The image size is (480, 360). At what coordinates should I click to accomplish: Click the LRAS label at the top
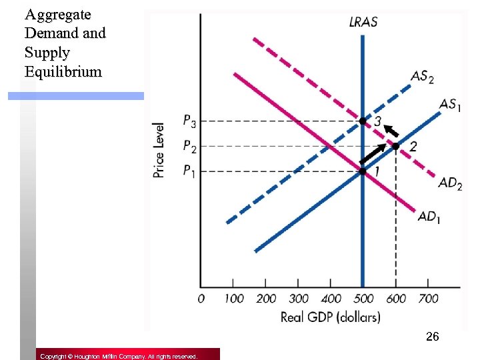[x=363, y=22]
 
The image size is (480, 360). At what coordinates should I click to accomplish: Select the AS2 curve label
[x=422, y=77]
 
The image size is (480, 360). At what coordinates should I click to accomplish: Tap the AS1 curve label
[x=451, y=105]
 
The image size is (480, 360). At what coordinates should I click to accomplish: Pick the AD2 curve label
[x=450, y=183]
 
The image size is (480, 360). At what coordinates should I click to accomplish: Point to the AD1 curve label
[x=429, y=217]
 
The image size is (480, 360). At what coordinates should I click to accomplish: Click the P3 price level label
[x=190, y=121]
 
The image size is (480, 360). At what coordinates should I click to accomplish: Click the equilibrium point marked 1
[x=363, y=171]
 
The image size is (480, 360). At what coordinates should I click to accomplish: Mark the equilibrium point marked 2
[x=396, y=146]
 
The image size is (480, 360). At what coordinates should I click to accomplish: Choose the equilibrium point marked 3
[x=363, y=121]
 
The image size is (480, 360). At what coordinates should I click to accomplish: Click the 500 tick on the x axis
[x=363, y=298]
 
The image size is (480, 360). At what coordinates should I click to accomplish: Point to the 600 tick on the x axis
[x=396, y=298]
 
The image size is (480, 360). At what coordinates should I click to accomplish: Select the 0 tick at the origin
[x=201, y=298]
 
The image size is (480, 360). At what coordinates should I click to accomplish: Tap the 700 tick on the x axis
[x=428, y=298]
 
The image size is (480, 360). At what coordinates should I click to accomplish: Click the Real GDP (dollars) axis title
[x=330, y=317]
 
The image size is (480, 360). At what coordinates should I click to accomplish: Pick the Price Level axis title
[x=159, y=149]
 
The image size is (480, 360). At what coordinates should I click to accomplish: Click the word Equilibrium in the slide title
[x=63, y=71]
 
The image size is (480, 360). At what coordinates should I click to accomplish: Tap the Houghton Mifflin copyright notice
[x=118, y=357]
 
